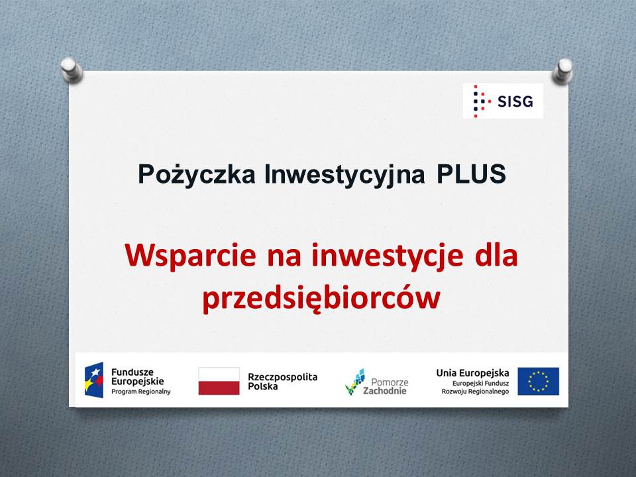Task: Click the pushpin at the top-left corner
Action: pos(72,70)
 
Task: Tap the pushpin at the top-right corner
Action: pos(562,71)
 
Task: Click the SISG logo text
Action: pos(515,101)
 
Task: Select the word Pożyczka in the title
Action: pos(197,174)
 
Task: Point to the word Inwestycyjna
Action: pos(344,175)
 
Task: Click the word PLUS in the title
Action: pos(471,174)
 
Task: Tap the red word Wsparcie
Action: pos(190,256)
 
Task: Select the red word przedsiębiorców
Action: pos(321,299)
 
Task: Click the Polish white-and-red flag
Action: pos(219,381)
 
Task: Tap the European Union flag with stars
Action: pos(538,382)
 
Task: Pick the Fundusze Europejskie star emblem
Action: pos(94,380)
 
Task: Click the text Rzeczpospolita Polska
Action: pos(283,382)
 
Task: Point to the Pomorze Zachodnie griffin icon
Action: pos(355,382)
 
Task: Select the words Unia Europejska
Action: pos(472,373)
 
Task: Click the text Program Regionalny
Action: pos(140,392)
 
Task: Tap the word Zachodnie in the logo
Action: pos(384,391)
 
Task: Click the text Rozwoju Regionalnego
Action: pos(475,392)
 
